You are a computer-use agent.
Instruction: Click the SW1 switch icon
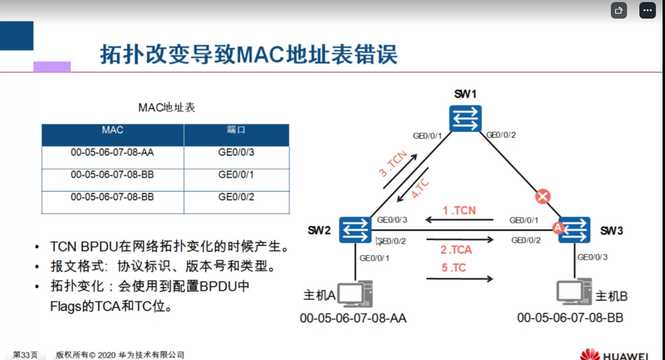(x=465, y=119)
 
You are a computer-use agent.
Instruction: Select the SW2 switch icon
(x=355, y=230)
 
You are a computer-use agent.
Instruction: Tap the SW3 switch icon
(x=575, y=230)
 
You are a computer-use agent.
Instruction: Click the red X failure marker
(x=543, y=196)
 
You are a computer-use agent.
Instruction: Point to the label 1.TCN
(x=459, y=211)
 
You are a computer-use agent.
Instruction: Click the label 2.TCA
(x=456, y=250)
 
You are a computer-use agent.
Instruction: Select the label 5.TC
(x=453, y=268)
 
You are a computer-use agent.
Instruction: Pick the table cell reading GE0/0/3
(x=236, y=153)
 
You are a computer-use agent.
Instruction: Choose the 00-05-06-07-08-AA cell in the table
(x=112, y=153)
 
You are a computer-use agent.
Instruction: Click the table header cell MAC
(x=112, y=130)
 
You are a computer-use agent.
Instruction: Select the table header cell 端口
(x=236, y=130)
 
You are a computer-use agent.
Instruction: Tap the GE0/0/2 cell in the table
(x=236, y=197)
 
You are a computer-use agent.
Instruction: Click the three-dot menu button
(x=647, y=10)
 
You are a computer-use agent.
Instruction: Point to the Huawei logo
(x=614, y=355)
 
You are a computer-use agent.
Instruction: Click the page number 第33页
(x=25, y=355)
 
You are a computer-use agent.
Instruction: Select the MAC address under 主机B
(x=570, y=318)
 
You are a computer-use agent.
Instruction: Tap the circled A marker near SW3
(x=558, y=227)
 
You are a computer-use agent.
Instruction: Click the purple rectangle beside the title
(x=52, y=67)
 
